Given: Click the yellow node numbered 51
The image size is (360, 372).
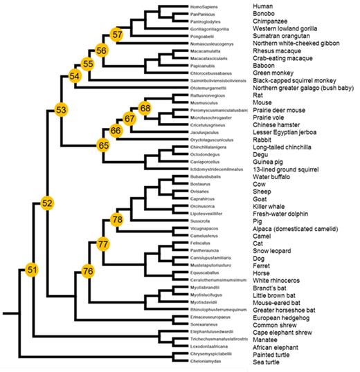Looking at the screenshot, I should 31,268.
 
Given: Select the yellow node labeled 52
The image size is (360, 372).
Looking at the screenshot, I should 47,203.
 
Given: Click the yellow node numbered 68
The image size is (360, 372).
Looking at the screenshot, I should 145,108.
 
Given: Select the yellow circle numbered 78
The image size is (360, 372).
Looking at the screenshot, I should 117,219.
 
